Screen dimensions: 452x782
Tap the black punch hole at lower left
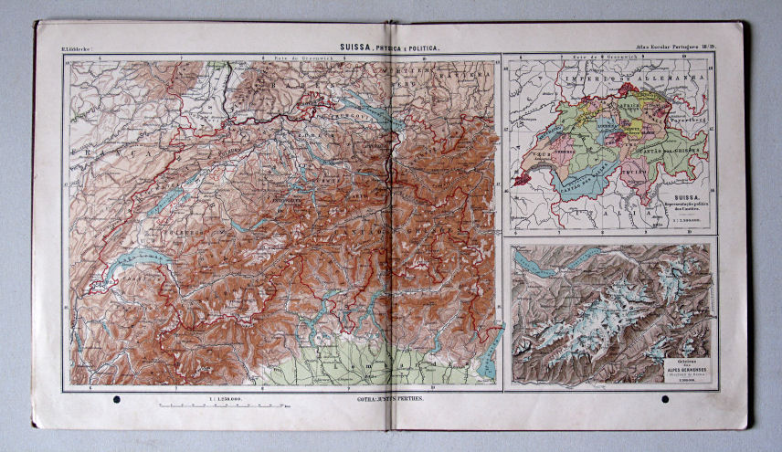tap(115, 401)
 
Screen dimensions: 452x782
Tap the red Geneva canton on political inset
tap(520, 180)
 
